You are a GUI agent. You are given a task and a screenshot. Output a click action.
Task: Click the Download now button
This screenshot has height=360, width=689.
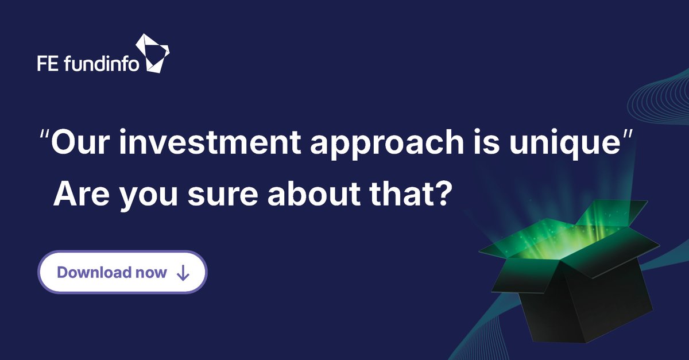click(122, 272)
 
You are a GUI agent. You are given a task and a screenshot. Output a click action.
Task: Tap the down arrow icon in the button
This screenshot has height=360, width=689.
click(183, 273)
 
